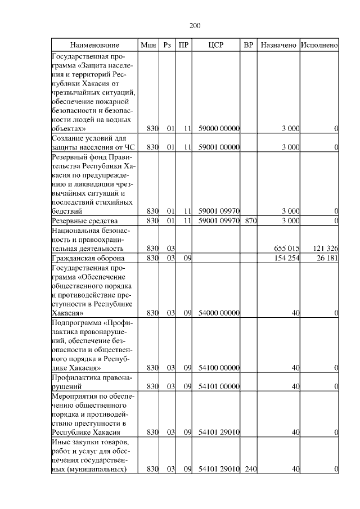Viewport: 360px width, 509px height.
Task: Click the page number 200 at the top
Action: click(x=195, y=25)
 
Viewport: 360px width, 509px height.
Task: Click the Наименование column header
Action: click(x=95, y=44)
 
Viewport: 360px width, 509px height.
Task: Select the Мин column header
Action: click(x=148, y=44)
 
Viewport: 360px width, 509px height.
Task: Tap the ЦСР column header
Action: click(x=216, y=44)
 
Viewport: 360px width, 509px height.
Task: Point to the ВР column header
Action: click(x=249, y=44)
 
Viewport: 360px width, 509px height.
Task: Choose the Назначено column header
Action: click(x=278, y=44)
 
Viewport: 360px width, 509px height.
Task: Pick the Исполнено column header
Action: click(x=319, y=44)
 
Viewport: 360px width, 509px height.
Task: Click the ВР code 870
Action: click(x=250, y=220)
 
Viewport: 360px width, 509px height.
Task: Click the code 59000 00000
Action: click(x=219, y=129)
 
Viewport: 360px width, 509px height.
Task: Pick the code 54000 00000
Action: click(x=219, y=312)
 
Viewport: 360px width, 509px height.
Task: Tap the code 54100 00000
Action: click(x=219, y=367)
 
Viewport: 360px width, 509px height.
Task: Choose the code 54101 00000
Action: click(x=219, y=386)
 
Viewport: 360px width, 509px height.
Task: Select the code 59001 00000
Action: click(x=219, y=147)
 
